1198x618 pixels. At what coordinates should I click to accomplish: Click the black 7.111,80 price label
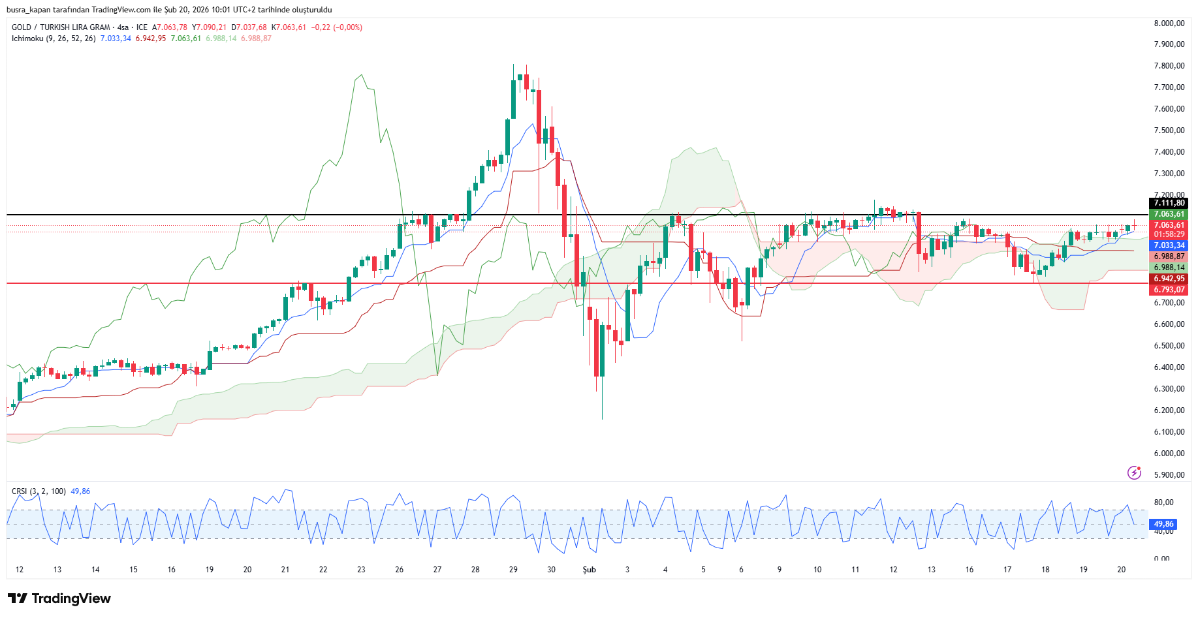coord(1169,203)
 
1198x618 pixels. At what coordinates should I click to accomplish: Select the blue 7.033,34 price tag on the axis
coord(1169,245)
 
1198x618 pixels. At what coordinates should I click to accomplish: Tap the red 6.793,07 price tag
coord(1169,290)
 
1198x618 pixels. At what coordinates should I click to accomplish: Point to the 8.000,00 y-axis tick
coord(1169,23)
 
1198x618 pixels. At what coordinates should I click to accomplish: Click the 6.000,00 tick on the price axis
coord(1169,454)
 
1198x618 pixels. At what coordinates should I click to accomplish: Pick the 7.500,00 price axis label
coord(1169,131)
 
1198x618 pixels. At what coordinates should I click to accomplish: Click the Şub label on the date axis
coord(589,570)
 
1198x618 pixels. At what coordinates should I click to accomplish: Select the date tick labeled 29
coord(513,570)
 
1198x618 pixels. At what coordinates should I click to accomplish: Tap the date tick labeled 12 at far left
coord(20,570)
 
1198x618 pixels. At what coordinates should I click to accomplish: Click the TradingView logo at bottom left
coord(59,598)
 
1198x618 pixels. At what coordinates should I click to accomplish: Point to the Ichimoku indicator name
coord(27,39)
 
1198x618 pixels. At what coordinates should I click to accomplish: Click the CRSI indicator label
coord(20,491)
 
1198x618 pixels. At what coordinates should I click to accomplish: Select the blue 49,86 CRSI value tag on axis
coord(1163,524)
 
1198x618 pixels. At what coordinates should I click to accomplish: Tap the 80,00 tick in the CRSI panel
coord(1163,502)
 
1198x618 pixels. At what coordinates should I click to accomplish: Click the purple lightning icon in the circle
coord(1135,472)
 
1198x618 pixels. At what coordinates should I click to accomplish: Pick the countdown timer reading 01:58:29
coord(1169,234)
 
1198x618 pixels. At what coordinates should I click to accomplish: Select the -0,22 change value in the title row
coord(321,27)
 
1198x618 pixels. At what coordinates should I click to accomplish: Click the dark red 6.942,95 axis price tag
coord(1169,279)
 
